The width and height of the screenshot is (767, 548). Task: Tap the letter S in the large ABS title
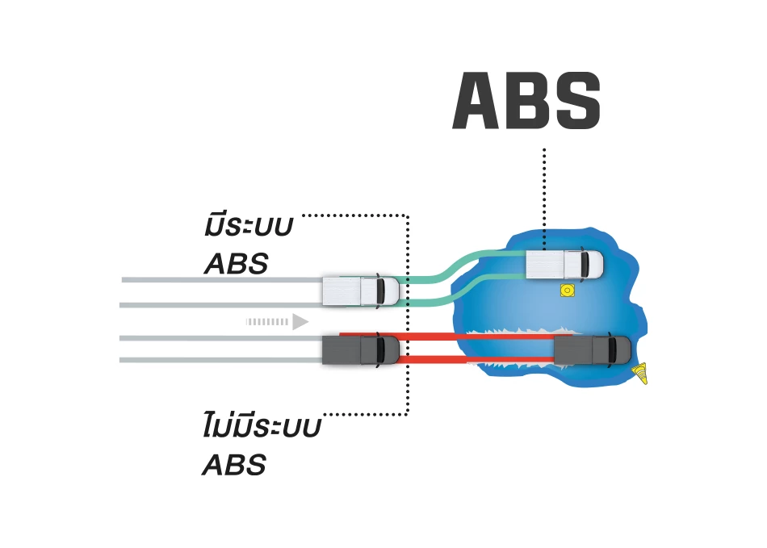575,102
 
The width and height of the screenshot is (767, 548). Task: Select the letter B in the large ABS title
527,102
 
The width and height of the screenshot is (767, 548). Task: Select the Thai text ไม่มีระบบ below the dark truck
260,428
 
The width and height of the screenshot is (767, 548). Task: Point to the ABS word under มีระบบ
235,265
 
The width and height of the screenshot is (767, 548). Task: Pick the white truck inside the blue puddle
564,264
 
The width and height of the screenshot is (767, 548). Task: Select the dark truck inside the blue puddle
592,349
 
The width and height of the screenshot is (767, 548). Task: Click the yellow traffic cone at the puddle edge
642,374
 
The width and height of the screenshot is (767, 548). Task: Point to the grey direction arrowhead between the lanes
300,322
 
